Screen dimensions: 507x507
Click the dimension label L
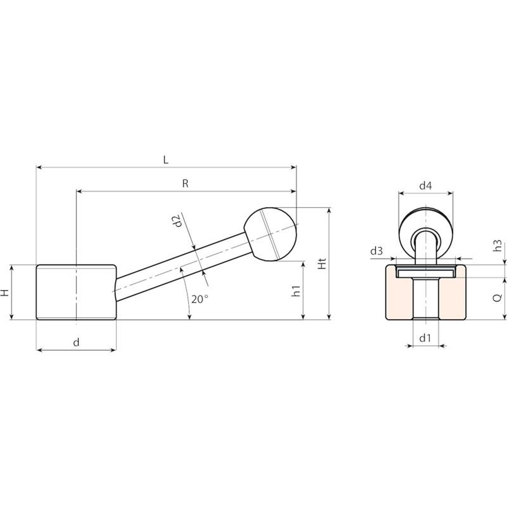click(x=166, y=160)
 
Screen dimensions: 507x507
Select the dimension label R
click(x=185, y=183)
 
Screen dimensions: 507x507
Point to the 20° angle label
click(x=200, y=299)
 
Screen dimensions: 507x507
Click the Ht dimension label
click(x=322, y=264)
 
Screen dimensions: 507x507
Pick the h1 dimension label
click(x=296, y=291)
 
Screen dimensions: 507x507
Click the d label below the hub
click(x=76, y=342)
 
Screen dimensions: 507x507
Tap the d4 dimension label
click(x=426, y=185)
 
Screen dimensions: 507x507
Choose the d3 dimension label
click(x=376, y=251)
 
